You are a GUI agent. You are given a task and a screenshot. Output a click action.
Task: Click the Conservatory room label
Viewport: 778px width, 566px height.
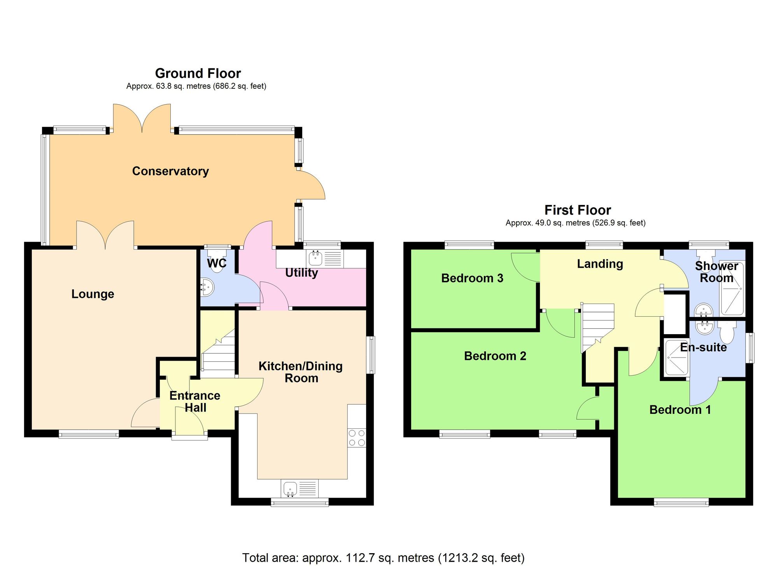[170, 171]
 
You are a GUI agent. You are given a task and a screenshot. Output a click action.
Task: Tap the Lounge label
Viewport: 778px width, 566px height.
[93, 294]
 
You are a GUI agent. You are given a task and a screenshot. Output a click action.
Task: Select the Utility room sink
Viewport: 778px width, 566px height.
[314, 258]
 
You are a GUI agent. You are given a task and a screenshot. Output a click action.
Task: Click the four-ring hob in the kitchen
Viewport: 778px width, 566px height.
[357, 437]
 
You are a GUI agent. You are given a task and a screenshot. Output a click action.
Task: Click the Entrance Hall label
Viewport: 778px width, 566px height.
[195, 401]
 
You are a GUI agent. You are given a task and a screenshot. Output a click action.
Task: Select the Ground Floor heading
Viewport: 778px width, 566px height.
[198, 73]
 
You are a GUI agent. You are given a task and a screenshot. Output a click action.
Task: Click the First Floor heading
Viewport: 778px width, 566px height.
[577, 210]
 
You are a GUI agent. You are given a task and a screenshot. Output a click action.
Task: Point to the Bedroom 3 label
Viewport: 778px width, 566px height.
[472, 278]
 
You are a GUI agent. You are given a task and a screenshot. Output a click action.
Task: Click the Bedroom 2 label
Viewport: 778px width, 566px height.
[495, 356]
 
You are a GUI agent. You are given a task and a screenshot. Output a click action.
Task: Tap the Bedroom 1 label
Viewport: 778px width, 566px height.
[680, 410]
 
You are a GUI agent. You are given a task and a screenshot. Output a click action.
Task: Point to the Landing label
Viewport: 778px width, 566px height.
[599, 264]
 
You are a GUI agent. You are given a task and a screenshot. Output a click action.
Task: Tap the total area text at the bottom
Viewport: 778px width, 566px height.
[383, 557]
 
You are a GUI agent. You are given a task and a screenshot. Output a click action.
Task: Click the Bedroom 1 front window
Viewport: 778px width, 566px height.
[681, 503]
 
